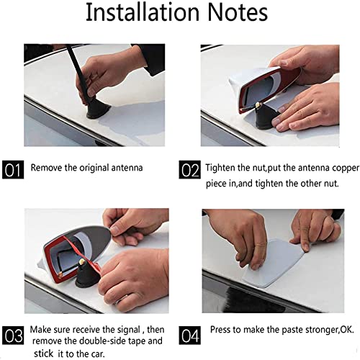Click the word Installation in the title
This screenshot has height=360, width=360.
click(143, 12)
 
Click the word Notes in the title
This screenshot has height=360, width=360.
click(238, 12)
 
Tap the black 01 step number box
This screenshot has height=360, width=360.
click(13, 169)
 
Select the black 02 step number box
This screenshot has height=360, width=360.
click(189, 170)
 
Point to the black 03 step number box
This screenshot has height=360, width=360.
click(13, 335)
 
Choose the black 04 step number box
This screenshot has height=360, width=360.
click(190, 335)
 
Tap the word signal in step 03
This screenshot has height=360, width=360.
click(129, 330)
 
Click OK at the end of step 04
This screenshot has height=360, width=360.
click(347, 330)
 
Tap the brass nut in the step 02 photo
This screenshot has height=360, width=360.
click(258, 104)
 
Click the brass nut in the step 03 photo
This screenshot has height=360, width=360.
click(82, 261)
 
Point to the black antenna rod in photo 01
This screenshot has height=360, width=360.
click(78, 72)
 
